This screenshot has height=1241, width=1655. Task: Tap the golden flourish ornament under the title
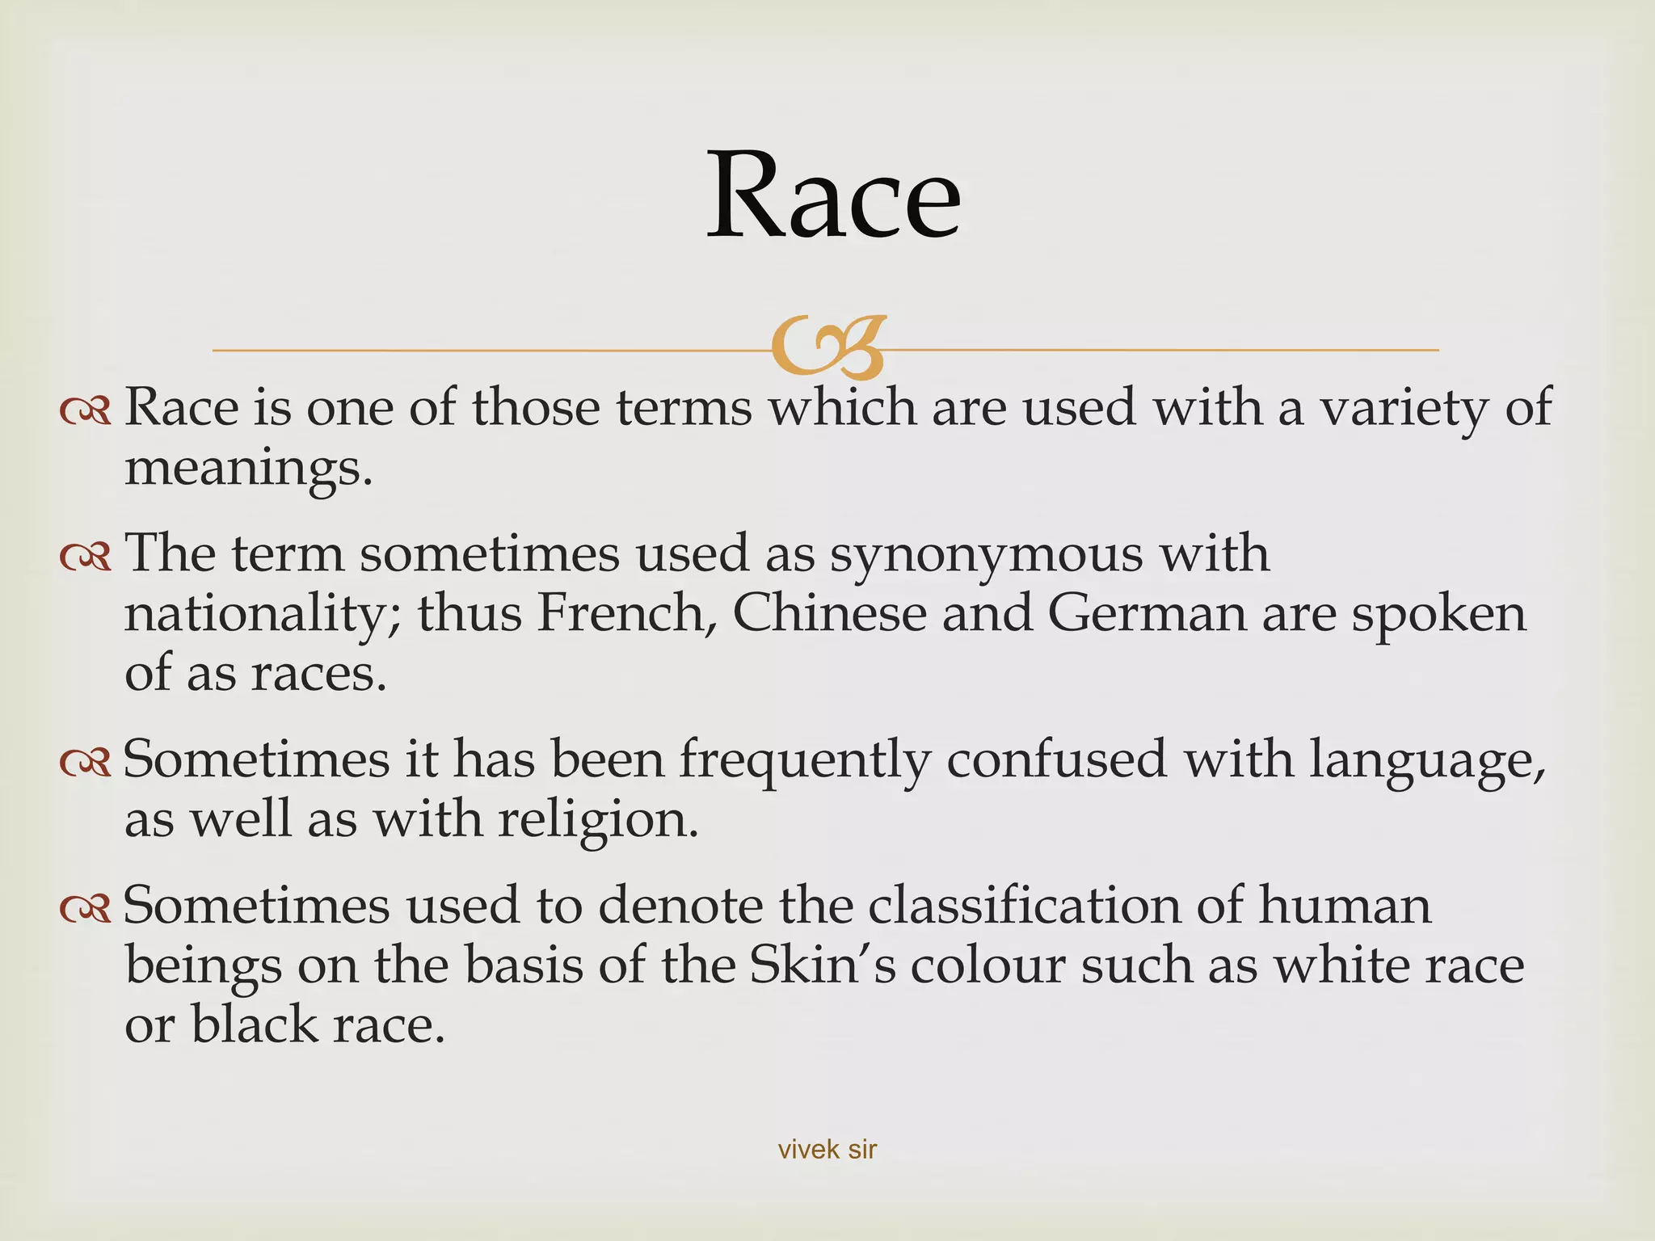[829, 347]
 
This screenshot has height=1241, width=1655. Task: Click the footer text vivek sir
[827, 1149]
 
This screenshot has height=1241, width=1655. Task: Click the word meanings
[248, 469]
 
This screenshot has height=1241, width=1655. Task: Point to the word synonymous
[987, 554]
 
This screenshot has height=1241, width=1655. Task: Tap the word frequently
[804, 761]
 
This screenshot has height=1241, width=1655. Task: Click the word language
[1427, 761]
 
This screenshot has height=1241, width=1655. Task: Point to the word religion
[597, 821]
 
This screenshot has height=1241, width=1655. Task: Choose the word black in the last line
[255, 1024]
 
